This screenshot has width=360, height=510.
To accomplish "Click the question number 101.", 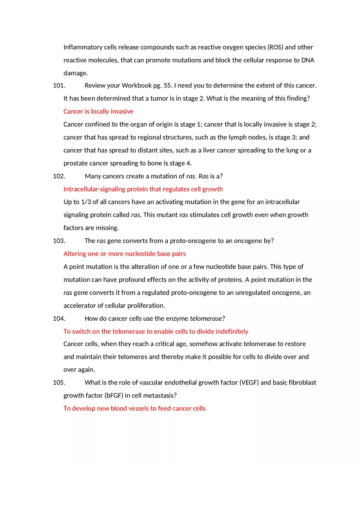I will [59, 85].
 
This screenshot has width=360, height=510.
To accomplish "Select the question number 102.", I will [59, 176].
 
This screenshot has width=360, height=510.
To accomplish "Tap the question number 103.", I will [59, 241].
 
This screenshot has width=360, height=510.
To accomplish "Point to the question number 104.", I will [59, 319].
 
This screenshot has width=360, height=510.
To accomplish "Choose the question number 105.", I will [59, 383].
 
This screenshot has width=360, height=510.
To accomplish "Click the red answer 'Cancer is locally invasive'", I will [98, 112].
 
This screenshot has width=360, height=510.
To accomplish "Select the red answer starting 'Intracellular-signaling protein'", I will [143, 189].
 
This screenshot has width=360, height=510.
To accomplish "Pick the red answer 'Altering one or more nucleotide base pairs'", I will [124, 254].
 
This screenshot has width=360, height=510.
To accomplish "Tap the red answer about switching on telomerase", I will [155, 332].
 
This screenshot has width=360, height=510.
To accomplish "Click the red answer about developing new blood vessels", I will [134, 409].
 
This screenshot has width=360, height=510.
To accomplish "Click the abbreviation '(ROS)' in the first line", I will [275, 47].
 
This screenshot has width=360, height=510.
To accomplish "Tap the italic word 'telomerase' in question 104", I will [206, 319].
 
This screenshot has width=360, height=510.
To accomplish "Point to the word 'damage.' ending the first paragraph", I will [76, 73].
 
